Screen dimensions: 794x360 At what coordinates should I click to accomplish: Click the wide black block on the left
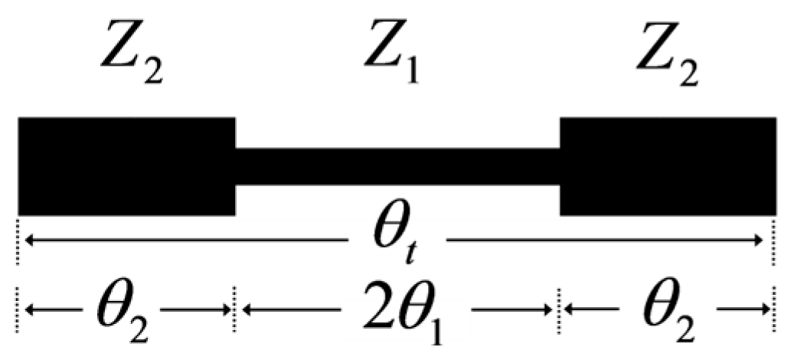click(126, 166)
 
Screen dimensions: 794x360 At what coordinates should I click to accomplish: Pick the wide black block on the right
click(668, 166)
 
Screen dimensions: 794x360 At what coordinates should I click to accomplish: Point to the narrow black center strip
click(397, 166)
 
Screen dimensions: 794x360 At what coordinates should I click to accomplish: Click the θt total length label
click(397, 242)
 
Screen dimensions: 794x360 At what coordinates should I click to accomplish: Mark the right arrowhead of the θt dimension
click(763, 242)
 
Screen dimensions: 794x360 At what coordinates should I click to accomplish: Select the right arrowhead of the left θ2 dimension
click(226, 310)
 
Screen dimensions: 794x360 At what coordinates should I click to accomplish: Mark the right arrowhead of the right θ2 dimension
click(764, 310)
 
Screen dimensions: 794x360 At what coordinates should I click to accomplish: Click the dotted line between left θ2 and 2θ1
click(234, 310)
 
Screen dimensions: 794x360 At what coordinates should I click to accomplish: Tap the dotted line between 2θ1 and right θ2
click(560, 310)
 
